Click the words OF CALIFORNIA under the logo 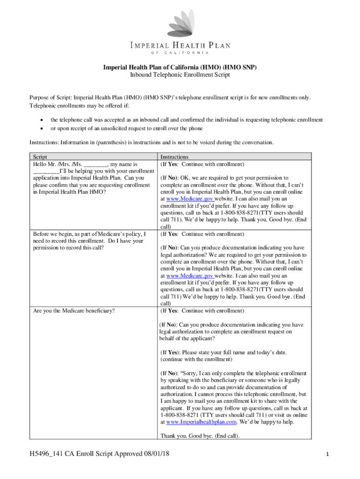tap(180, 52)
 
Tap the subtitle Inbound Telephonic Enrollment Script tap(180, 75)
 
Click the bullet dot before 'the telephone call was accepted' tap(43, 120)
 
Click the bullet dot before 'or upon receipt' tap(43, 129)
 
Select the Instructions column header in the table tap(174, 158)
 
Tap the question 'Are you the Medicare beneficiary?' tap(74, 311)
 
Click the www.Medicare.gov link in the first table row tap(187, 199)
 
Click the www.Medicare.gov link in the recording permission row tap(187, 276)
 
